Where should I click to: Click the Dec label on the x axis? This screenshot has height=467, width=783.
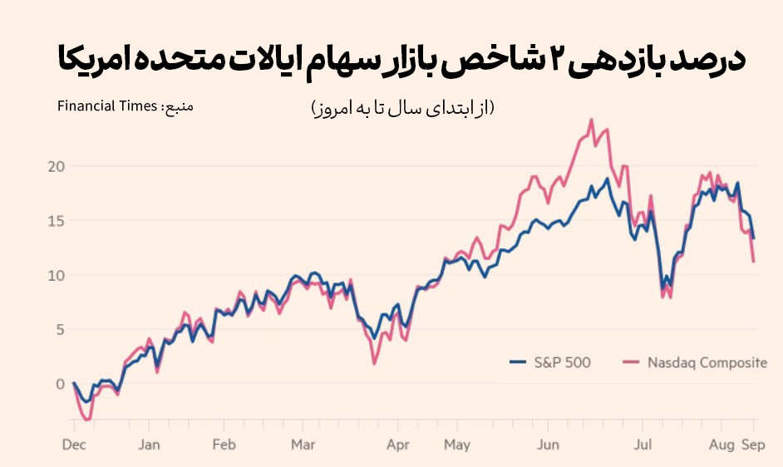[74, 445]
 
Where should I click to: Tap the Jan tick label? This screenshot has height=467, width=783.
[148, 445]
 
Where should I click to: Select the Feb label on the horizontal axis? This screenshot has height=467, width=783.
[224, 445]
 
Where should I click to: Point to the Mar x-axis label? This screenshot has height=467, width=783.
[303, 445]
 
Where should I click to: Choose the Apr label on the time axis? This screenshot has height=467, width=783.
[398, 445]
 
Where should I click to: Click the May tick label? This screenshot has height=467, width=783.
[457, 445]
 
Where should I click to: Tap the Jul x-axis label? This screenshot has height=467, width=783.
[643, 445]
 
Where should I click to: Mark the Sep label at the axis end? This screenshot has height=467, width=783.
[753, 445]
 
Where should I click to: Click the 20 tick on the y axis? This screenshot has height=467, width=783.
[56, 166]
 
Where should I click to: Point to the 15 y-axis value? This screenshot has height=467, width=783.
[56, 220]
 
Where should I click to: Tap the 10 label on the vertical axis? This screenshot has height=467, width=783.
[56, 275]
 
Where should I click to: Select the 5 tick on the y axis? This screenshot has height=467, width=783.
[59, 329]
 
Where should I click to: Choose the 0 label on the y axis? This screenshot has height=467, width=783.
[59, 383]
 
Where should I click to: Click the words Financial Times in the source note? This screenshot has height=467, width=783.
[107, 106]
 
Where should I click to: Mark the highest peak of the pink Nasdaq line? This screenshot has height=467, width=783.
[591, 120]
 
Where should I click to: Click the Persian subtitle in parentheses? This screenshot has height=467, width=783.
[401, 108]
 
